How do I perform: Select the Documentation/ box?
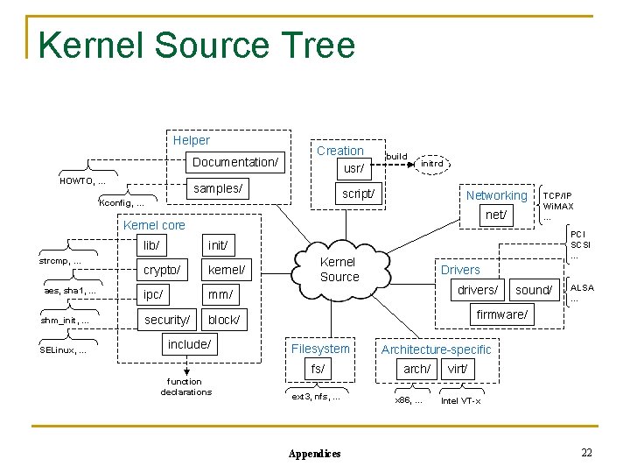tap(234, 162)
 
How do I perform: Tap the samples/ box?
tap(219, 188)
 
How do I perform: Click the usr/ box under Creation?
tap(353, 167)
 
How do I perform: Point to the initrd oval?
tap(432, 163)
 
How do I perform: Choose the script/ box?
tap(359, 194)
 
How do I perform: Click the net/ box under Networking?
tap(495, 214)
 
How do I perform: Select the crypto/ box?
tap(163, 270)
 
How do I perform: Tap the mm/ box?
tap(220, 295)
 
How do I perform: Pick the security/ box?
tap(166, 320)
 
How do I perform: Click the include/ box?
tap(190, 344)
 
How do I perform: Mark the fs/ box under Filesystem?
tap(318, 369)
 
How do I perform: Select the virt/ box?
tap(457, 369)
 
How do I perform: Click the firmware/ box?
tap(501, 314)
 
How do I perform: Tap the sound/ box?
tap(534, 290)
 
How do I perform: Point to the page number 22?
tap(586, 452)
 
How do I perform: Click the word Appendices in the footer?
tap(315, 454)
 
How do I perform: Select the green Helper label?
tap(191, 140)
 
